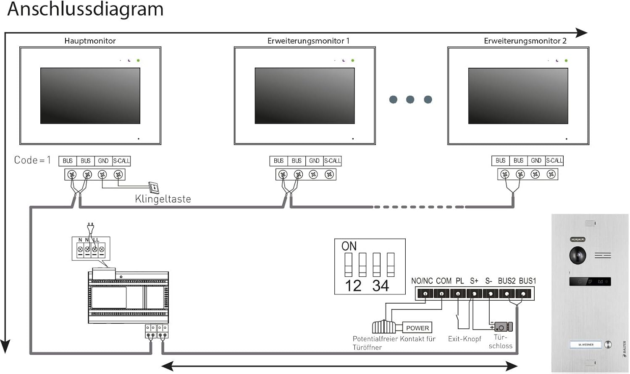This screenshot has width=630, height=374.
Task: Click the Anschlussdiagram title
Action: [85, 9]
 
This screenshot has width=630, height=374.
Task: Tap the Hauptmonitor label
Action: [90, 41]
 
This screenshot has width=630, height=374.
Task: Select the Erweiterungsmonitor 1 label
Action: [308, 41]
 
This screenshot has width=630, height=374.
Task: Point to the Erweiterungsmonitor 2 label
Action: [525, 41]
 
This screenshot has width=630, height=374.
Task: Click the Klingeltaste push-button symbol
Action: [154, 187]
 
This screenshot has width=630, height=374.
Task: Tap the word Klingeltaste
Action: [163, 199]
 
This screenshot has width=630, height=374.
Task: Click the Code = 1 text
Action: [32, 160]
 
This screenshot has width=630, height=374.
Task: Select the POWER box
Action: [417, 328]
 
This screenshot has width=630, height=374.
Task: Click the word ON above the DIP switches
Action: [349, 246]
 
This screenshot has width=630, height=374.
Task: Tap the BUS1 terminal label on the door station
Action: [528, 281]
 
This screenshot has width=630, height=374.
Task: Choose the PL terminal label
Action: [460, 281]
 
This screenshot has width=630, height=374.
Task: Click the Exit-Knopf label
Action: [465, 339]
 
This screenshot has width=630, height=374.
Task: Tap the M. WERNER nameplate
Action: [586, 345]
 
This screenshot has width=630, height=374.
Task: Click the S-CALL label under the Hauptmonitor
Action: [121, 161]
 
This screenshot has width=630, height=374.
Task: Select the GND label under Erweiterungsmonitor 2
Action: [536, 161]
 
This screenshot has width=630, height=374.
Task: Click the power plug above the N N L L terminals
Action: [91, 228]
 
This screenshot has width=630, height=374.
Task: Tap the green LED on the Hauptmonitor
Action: [138, 60]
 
